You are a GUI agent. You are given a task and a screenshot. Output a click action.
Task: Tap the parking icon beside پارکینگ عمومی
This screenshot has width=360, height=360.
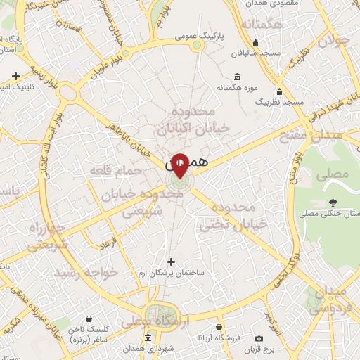[x=198, y=44]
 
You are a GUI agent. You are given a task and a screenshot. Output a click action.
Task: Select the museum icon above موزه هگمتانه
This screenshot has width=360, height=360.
[x=237, y=77]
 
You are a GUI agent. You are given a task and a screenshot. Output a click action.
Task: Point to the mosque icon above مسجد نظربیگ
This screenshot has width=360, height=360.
[x=279, y=91]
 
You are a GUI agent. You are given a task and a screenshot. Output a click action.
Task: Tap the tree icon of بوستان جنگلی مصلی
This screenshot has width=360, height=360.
[x=329, y=202]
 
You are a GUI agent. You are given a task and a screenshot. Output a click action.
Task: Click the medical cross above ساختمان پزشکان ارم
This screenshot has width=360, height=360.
[x=171, y=262]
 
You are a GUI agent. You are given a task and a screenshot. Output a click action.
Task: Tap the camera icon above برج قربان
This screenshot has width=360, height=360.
[x=259, y=339]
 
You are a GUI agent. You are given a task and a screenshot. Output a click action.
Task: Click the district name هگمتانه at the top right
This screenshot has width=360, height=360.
[x=261, y=25]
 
